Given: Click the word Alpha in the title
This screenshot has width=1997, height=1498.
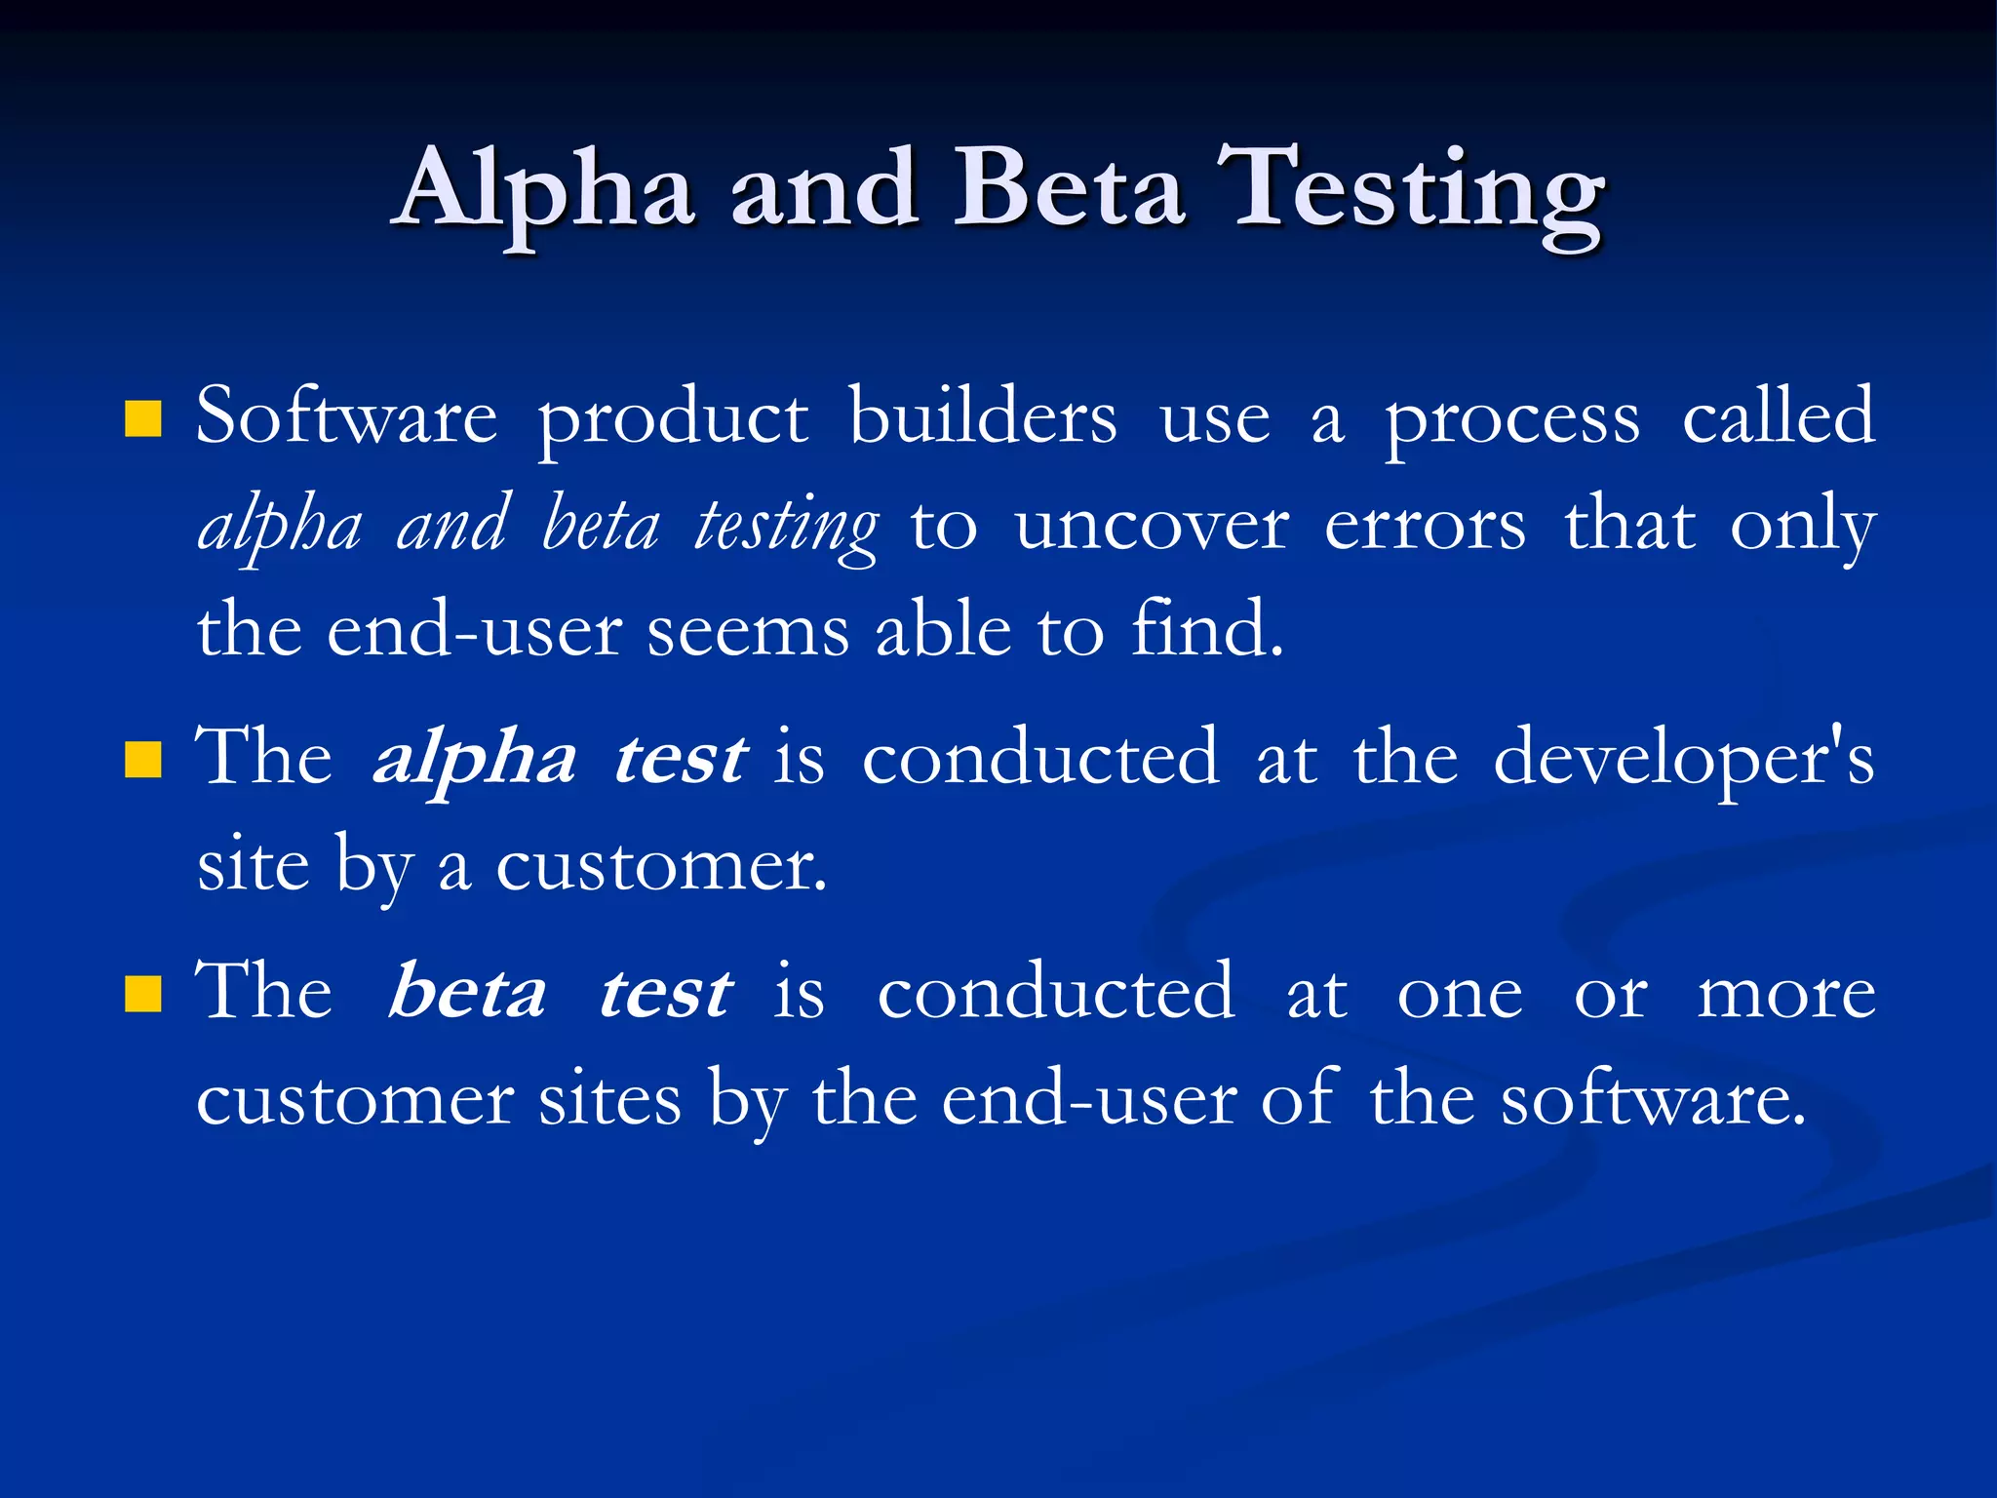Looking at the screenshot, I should coord(546,190).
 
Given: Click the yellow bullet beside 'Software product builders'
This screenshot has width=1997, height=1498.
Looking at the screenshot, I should coord(143,418).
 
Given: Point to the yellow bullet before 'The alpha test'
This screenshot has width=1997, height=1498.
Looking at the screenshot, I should coord(143,760).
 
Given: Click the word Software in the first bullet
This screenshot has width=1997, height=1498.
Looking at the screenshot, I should coord(347,417).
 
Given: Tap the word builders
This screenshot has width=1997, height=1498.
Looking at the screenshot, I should coord(983,417).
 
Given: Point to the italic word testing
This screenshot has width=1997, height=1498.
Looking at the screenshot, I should coord(786,527).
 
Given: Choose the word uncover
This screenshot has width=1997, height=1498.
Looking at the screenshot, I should coord(1152,527).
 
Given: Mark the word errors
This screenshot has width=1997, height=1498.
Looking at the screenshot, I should coord(1425,527).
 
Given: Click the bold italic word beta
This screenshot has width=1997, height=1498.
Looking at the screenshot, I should coord(467,993).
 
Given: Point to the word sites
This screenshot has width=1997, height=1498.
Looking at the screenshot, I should coord(610,1100).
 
